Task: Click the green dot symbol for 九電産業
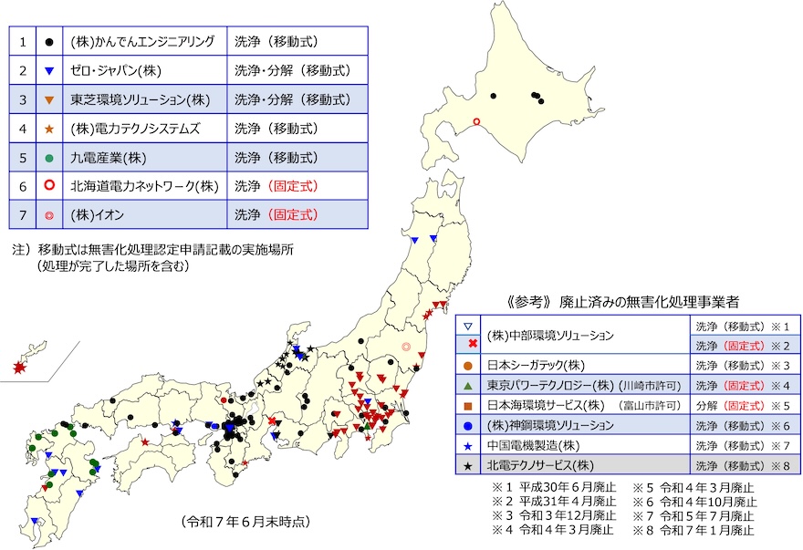click(x=48, y=158)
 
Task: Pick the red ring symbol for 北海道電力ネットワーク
click(x=48, y=186)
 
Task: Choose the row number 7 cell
click(x=22, y=215)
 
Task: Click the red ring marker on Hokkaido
click(x=475, y=122)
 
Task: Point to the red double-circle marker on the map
click(x=406, y=346)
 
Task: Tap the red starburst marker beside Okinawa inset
click(x=19, y=367)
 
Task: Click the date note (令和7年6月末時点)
click(x=245, y=522)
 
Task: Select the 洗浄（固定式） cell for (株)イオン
click(x=276, y=215)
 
